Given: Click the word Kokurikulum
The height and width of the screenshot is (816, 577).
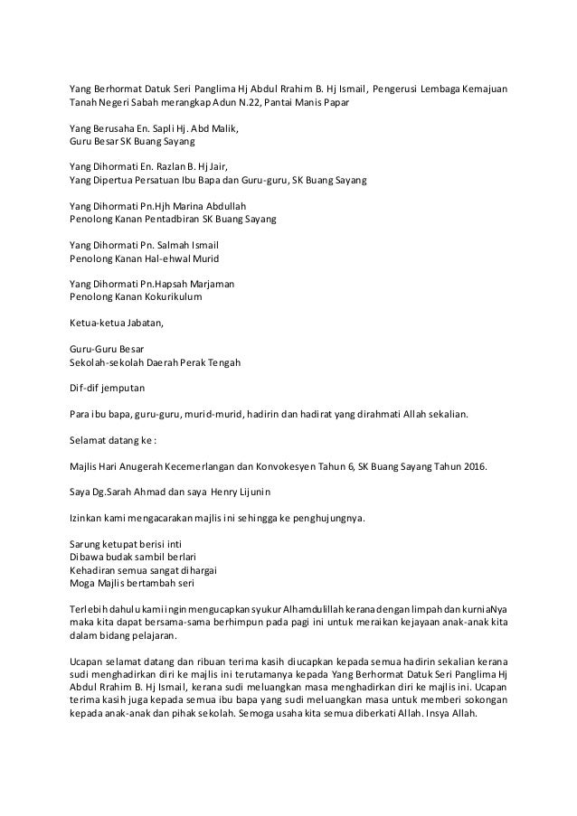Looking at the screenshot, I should click(x=170, y=295).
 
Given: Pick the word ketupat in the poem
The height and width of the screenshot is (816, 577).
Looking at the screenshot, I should click(x=118, y=544).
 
